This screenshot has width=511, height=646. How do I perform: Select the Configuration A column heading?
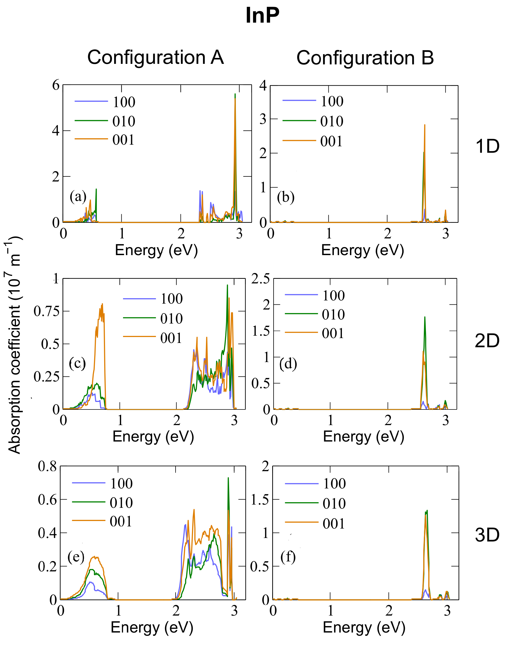[155, 57]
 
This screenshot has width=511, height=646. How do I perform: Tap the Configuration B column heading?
[365, 58]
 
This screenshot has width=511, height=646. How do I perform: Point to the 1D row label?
[487, 146]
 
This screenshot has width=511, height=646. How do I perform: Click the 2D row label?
[487, 341]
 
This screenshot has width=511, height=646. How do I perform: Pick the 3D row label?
[487, 535]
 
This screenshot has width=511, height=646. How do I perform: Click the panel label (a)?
[78, 197]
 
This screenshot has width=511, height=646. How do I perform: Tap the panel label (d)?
[288, 364]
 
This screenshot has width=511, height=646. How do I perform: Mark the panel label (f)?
[288, 557]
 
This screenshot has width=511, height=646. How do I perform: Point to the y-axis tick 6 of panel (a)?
[56, 85]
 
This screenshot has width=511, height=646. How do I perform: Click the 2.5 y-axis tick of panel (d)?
[260, 279]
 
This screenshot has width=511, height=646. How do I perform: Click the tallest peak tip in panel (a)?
[235, 94]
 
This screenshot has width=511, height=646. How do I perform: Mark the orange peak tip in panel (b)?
[425, 125]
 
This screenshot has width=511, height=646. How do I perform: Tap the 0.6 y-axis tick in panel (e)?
[47, 500]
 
